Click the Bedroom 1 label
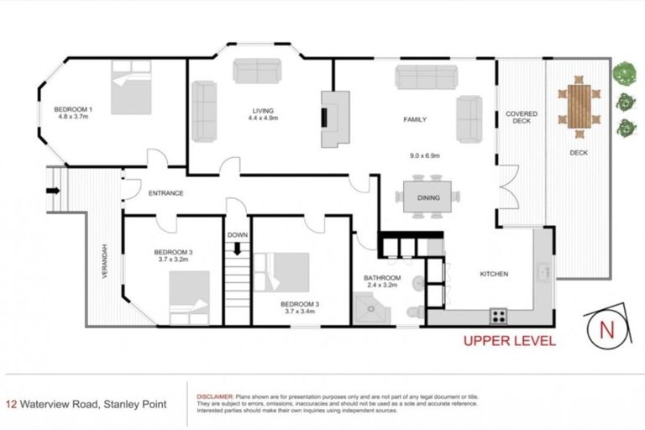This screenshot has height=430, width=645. [x=73, y=109]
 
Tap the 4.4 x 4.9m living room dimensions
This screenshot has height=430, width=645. [x=263, y=119]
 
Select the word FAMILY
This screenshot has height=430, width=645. [x=414, y=120]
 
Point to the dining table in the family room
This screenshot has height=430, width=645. [x=428, y=197]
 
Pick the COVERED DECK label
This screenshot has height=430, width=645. [x=521, y=117]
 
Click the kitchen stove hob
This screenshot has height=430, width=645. [x=498, y=316]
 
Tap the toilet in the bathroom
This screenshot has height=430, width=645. [x=411, y=312]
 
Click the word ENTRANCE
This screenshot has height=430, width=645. [x=165, y=193]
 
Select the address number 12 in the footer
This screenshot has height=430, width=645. [x=12, y=404]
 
